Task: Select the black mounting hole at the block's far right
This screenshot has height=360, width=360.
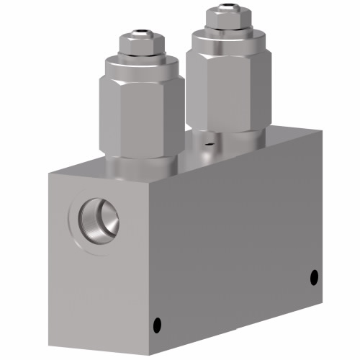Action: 313,276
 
